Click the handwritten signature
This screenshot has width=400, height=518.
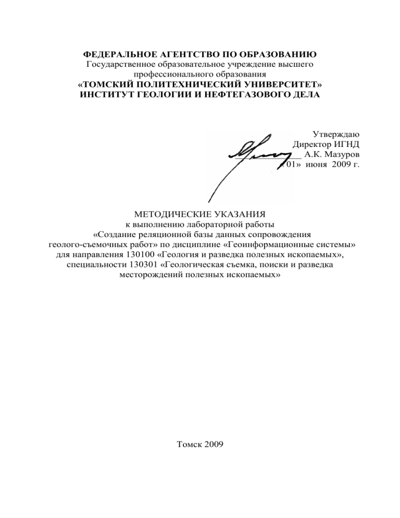click(x=250, y=156)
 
